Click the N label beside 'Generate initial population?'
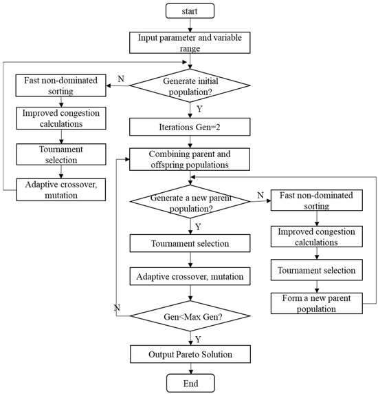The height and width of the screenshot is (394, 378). (x=120, y=79)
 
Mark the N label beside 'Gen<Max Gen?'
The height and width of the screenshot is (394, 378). (x=119, y=307)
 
